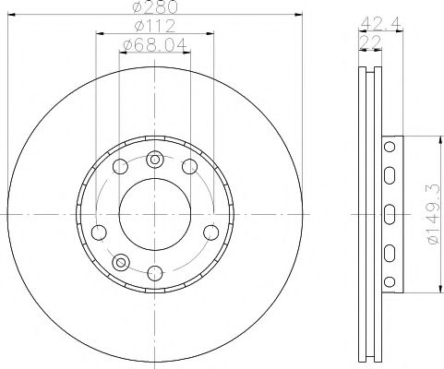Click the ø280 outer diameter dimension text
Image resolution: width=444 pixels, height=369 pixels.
(155, 7)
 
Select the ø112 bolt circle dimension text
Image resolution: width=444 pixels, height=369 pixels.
(154, 26)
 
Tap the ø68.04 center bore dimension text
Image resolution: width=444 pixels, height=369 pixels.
(154, 42)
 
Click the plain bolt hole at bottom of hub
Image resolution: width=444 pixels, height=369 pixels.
(154, 272)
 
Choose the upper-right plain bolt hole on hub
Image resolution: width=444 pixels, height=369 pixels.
(190, 166)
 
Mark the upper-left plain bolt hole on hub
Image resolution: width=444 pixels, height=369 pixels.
(119, 166)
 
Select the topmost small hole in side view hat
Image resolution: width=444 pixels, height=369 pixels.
(390, 148)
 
